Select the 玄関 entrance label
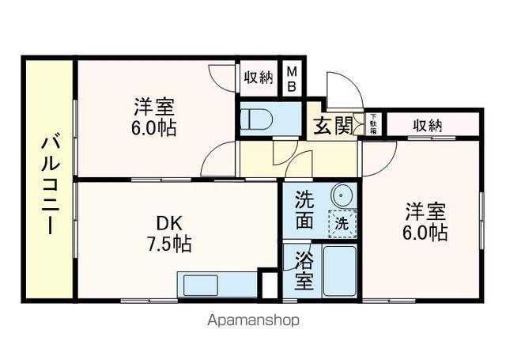tap(331, 127)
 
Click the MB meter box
tap(291, 79)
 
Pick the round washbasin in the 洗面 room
tap(342, 195)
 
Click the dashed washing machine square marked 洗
tap(342, 223)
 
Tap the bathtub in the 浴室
tap(340, 271)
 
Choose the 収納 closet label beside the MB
tap(258, 78)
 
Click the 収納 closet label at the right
tap(426, 124)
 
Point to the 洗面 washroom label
tap(304, 209)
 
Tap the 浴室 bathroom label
tap(303, 270)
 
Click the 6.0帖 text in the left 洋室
tap(153, 127)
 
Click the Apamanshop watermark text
tap(253, 321)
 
